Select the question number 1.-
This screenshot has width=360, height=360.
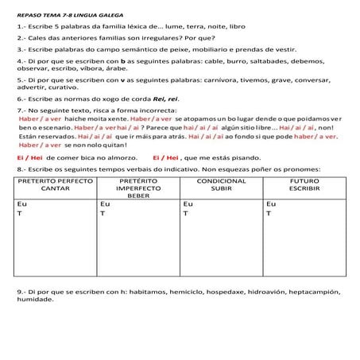pyautogui.click(x=22, y=26)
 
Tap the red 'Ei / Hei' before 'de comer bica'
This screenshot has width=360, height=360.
pyautogui.click(x=30, y=157)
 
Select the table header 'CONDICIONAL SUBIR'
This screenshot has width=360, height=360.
pyautogui.click(x=222, y=185)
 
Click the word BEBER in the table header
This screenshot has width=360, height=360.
pyautogui.click(x=138, y=195)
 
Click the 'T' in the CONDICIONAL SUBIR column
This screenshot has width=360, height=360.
pyautogui.click(x=184, y=214)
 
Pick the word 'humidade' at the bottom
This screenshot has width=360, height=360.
pyautogui.click(x=34, y=300)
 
